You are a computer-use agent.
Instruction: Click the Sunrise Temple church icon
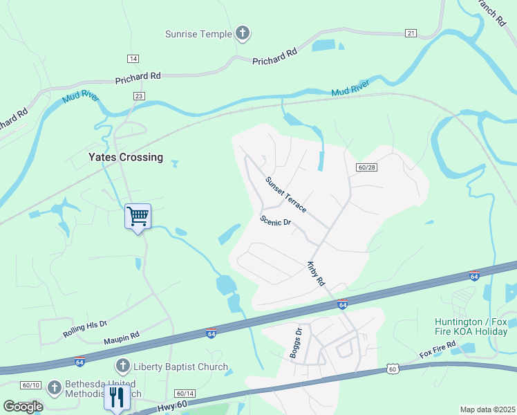pyautogui.click(x=242, y=33)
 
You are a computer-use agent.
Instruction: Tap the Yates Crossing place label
pyautogui.click(x=126, y=157)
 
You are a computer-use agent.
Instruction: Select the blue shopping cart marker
pyautogui.click(x=138, y=216)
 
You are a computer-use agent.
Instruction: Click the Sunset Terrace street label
pyautogui.click(x=285, y=194)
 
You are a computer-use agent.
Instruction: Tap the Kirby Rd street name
pyautogui.click(x=316, y=273)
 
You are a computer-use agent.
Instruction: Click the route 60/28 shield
pyautogui.click(x=367, y=167)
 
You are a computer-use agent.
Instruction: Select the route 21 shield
pyautogui.click(x=411, y=33)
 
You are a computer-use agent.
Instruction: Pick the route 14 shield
pyautogui.click(x=133, y=59)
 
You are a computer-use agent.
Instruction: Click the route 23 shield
pyautogui.click(x=140, y=97)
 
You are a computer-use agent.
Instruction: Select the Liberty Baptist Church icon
pyautogui.click(x=122, y=365)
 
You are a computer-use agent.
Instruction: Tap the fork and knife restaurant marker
pyautogui.click(x=116, y=397)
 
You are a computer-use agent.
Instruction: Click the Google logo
pyautogui.click(x=23, y=406)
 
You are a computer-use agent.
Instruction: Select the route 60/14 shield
pyautogui.click(x=185, y=392)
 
